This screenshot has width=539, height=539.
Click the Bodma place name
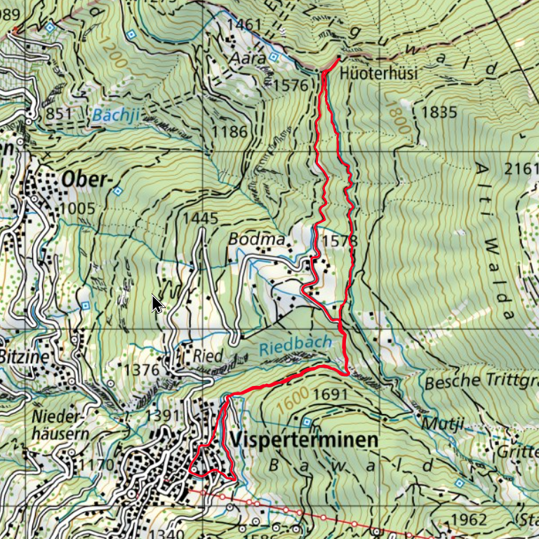click(x=256, y=239)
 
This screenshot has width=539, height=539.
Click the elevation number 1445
click(x=200, y=219)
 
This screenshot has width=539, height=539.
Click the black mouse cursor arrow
click(x=157, y=304)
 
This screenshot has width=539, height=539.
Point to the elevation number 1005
click(x=76, y=209)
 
